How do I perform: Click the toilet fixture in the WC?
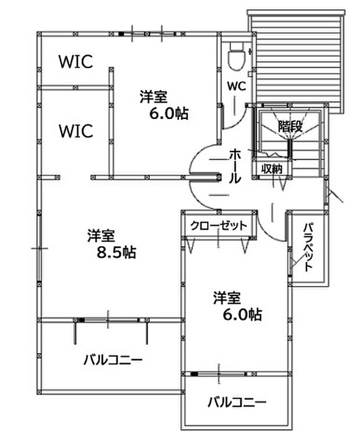point(236,56)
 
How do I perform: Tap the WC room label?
point(236,86)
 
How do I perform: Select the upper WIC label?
point(76,62)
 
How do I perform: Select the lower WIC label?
point(76,131)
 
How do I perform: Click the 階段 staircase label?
point(290,126)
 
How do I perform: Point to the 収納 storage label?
point(272,168)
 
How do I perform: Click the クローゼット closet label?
point(218,226)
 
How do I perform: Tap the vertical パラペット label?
point(308,247)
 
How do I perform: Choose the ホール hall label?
point(235,166)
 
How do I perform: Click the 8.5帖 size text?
point(116,252)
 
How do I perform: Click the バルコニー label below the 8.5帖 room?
point(113,359)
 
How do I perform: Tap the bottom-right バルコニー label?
point(237,402)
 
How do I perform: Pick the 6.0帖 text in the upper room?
point(169,113)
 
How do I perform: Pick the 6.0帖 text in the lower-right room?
point(242,315)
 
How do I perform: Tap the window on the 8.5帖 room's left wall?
point(39,248)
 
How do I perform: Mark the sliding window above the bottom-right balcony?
point(219,374)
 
